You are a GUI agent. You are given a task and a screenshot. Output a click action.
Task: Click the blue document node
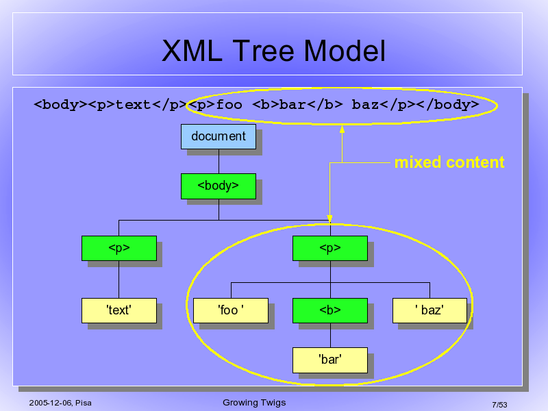click(219, 136)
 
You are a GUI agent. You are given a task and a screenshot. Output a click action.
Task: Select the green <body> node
click(219, 186)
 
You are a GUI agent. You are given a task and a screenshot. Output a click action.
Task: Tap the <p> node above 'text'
click(119, 248)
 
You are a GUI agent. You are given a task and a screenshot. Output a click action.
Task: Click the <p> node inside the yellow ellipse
click(330, 248)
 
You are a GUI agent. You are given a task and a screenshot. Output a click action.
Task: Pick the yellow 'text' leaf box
click(119, 310)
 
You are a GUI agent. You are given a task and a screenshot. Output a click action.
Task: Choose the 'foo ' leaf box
click(231, 310)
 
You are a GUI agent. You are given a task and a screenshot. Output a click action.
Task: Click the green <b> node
click(330, 310)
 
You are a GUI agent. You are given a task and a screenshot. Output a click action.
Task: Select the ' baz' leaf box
click(429, 310)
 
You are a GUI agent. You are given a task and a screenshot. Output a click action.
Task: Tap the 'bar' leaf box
click(330, 360)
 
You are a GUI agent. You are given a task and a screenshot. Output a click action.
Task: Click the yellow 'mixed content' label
click(449, 162)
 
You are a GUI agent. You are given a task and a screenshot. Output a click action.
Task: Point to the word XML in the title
click(192, 51)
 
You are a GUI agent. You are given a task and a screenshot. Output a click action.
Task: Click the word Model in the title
click(345, 51)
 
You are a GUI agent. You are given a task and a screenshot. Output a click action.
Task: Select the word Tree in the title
click(264, 51)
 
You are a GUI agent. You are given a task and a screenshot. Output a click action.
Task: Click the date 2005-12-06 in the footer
click(51, 403)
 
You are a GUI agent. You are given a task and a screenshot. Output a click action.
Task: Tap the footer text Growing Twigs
click(254, 403)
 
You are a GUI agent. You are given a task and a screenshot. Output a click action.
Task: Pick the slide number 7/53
click(499, 405)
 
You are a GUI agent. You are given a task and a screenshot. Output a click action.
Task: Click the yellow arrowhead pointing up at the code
click(342, 129)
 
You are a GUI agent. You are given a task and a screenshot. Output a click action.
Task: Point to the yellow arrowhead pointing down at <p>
click(329, 219)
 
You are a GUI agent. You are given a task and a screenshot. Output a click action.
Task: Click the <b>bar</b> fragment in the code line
click(297, 105)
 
